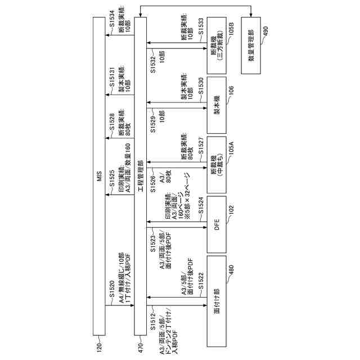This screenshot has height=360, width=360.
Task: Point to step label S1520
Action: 112,295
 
